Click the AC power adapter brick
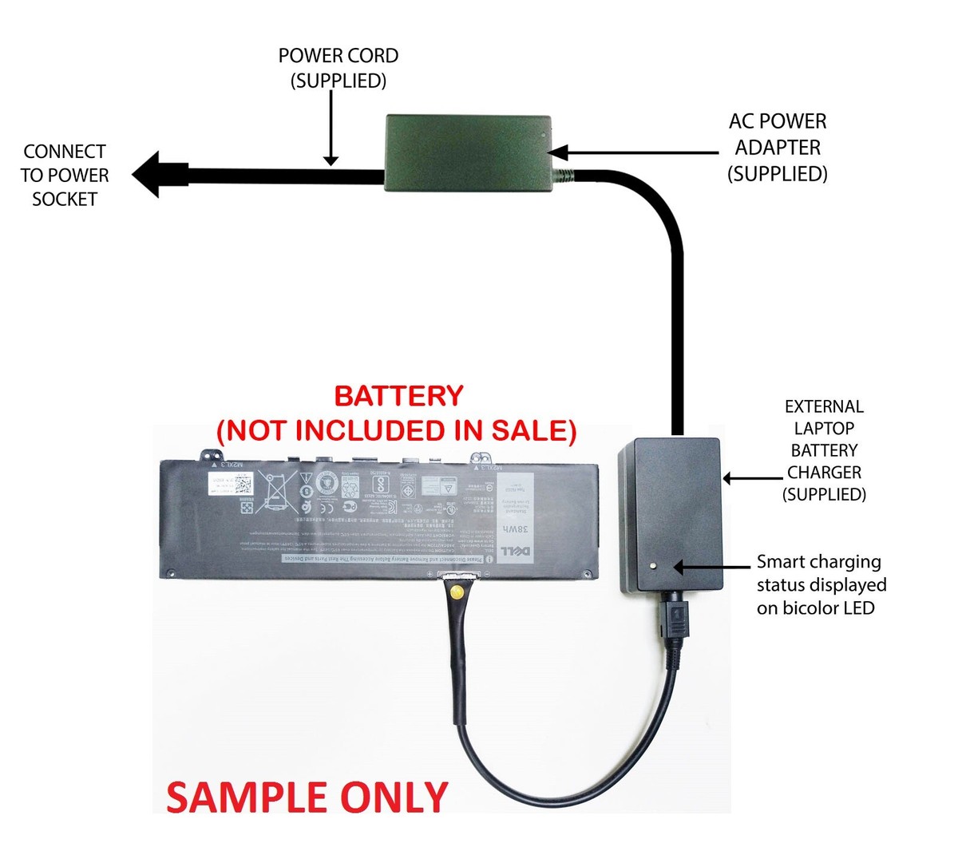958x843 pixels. pos(468,153)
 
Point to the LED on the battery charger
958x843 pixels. pos(654,566)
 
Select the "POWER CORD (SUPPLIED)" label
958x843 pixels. pos(338,68)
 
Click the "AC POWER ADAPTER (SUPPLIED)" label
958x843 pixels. pos(777,148)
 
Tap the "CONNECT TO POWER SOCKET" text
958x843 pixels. pos(65,176)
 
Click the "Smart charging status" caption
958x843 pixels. pos(821,584)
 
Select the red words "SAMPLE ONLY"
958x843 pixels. pos(307,797)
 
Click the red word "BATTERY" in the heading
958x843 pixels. pos(398,396)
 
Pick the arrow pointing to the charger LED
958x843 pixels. pos(711,567)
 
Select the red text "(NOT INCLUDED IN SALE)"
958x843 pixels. pos(397,431)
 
